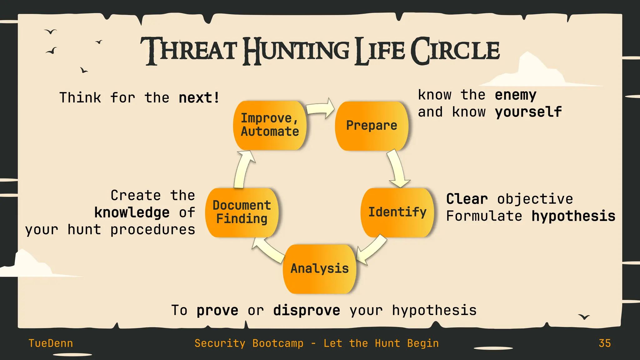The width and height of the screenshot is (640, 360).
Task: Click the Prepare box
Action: pyautogui.click(x=372, y=126)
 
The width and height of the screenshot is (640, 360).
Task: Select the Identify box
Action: pyautogui.click(x=397, y=212)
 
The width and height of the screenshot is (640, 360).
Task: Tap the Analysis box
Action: pyautogui.click(x=319, y=269)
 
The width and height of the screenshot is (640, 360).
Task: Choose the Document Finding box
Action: pyautogui.click(x=242, y=212)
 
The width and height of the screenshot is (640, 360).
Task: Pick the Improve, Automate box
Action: pyautogui.click(x=270, y=125)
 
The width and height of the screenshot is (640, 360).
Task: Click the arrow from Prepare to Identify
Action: pyautogui.click(x=397, y=169)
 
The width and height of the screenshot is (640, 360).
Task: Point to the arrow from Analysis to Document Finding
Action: pyautogui.click(x=268, y=250)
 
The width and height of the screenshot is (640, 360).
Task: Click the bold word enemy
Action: pyautogui.click(x=516, y=95)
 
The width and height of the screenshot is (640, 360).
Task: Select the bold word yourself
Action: pyautogui.click(x=528, y=112)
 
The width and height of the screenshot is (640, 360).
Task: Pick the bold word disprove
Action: pyautogui.click(x=306, y=311)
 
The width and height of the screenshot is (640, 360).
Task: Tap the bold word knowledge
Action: pyautogui.click(x=132, y=213)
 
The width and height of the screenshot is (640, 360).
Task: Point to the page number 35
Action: pyautogui.click(x=605, y=343)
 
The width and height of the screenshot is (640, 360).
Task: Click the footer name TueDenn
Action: pyautogui.click(x=51, y=343)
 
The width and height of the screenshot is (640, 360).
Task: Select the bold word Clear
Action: pyautogui.click(x=467, y=199)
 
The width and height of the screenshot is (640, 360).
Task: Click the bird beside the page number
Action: pyautogui.click(x=584, y=317)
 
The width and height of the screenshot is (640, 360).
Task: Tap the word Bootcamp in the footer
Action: pyautogui.click(x=278, y=343)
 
